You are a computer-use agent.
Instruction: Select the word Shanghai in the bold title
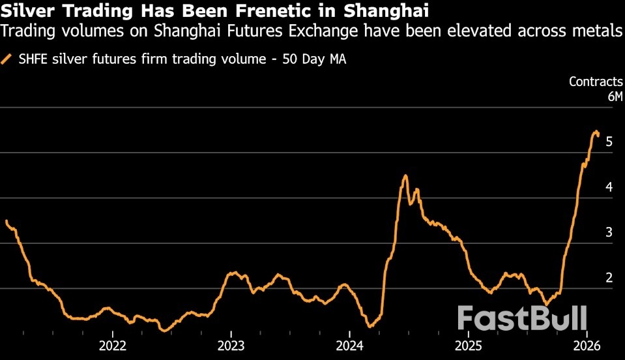point(390,12)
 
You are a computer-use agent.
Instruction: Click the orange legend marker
point(7,59)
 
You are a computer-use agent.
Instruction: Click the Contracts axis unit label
point(596,82)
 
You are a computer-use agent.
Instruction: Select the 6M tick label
point(615,97)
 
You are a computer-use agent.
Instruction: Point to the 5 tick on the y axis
point(609,142)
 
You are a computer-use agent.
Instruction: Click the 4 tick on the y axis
point(609,188)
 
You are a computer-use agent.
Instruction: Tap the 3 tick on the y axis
point(609,233)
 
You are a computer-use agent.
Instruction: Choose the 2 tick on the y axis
point(609,278)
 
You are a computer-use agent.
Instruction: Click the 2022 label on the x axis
point(112,345)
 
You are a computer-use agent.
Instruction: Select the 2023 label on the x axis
point(231,345)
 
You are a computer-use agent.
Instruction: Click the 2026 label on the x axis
point(587,345)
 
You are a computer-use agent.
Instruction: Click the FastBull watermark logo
point(522,318)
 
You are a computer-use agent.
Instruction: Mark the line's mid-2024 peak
point(405,175)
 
